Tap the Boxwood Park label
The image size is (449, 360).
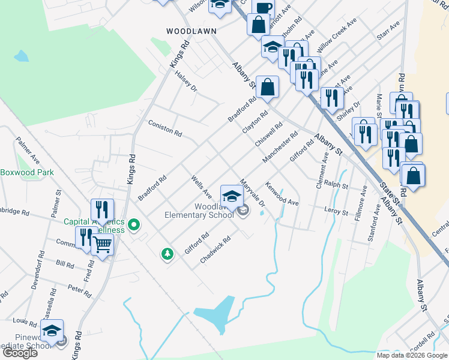(27, 173)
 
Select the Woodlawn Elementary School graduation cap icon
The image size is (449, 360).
(232, 195)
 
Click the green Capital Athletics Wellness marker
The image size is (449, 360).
(134, 226)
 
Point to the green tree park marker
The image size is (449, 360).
(167, 254)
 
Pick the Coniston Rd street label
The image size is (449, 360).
(165, 127)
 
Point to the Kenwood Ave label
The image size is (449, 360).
(282, 194)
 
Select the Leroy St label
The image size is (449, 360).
(336, 211)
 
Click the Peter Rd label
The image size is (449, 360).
(79, 291)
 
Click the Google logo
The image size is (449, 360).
(20, 353)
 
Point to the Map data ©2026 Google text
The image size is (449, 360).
(412, 355)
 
